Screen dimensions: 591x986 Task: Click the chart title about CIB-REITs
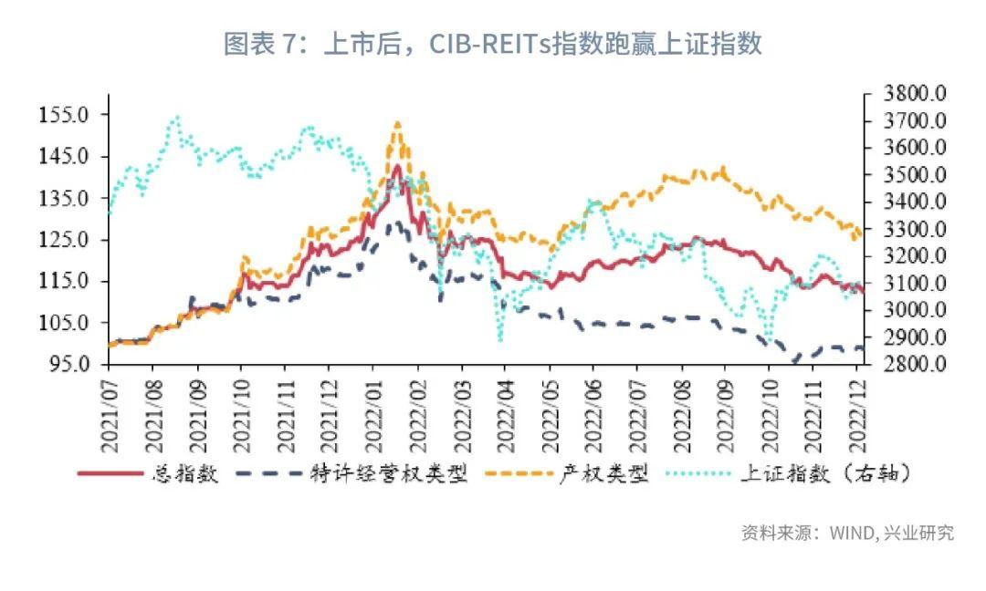point(493,43)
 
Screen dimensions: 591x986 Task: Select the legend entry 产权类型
point(603,474)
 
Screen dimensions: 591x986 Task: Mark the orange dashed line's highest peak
point(397,122)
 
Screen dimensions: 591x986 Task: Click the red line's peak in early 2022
point(397,166)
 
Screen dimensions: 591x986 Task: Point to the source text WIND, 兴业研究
point(847,533)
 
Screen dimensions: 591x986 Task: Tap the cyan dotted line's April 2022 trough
point(500,340)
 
